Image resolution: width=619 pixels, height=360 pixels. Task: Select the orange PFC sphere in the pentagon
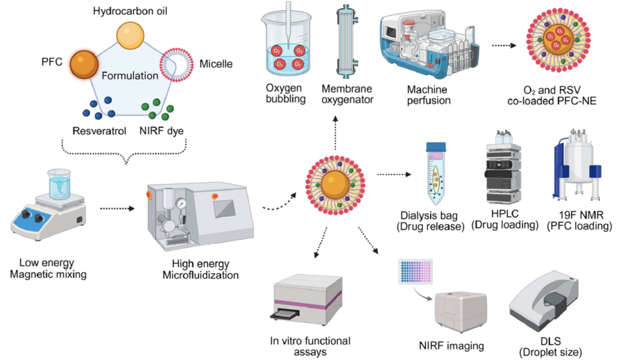tap(84, 65)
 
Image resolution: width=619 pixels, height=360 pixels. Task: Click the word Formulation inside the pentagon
tap(130, 75)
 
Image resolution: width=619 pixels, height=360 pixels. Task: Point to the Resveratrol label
tap(97, 131)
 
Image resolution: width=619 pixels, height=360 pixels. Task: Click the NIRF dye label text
tap(162, 131)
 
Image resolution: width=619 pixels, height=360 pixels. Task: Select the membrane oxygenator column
tap(347, 45)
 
